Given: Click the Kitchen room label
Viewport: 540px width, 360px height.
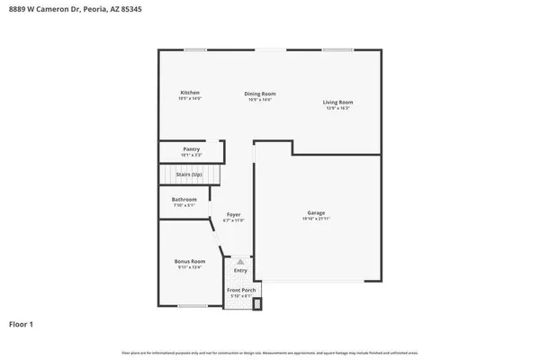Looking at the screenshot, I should pyautogui.click(x=189, y=93).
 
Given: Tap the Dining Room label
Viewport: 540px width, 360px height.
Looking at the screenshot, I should pyautogui.click(x=261, y=94).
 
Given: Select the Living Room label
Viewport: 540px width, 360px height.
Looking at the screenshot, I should pyautogui.click(x=337, y=103).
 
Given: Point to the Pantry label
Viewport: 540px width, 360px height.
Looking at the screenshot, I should pyautogui.click(x=191, y=149).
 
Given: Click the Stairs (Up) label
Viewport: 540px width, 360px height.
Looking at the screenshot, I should pyautogui.click(x=189, y=173).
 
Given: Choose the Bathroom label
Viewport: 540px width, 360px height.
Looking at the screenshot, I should pyautogui.click(x=184, y=199).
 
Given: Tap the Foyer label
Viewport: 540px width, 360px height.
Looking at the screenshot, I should pyautogui.click(x=233, y=214).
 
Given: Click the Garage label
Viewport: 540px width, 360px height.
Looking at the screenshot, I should pyautogui.click(x=316, y=213).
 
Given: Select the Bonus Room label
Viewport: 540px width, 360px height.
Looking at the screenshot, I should pyautogui.click(x=190, y=261).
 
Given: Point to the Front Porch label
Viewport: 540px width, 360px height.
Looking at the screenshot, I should pyautogui.click(x=242, y=290).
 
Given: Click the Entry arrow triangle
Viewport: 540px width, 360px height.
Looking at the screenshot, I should pyautogui.click(x=240, y=262).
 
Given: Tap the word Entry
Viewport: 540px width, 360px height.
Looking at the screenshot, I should pyautogui.click(x=240, y=270).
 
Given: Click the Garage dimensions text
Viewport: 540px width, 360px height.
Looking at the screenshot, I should pyautogui.click(x=316, y=220).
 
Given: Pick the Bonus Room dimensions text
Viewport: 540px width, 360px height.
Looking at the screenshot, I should pyautogui.click(x=190, y=267).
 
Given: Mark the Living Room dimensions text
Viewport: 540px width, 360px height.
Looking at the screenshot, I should pyautogui.click(x=337, y=109).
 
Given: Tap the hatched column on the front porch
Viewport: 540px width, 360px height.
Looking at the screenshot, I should pyautogui.click(x=256, y=303).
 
